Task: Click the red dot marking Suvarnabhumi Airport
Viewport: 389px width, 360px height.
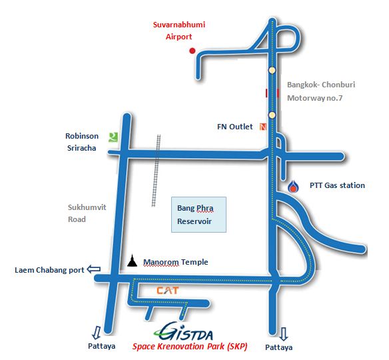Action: (193, 51)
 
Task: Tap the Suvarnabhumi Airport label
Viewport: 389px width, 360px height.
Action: (179, 31)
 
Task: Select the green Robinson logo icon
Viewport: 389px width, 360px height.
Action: (113, 137)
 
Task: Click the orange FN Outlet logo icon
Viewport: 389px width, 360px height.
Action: (263, 127)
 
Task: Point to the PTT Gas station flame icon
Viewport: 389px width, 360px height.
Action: (293, 187)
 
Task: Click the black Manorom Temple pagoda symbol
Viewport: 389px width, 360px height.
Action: (133, 261)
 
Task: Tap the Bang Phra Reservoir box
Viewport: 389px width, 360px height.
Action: (198, 215)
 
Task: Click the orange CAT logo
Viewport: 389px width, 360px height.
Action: (167, 291)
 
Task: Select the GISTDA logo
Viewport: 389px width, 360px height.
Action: (183, 331)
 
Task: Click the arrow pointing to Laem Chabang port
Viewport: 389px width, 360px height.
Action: (94, 269)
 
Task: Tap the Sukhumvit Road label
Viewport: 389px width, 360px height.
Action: (87, 213)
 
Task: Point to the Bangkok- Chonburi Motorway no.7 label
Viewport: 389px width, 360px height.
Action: (321, 91)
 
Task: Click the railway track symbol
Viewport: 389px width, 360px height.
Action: (157, 171)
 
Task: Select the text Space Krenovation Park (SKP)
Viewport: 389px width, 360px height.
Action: (190, 347)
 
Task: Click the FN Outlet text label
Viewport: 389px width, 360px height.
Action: (234, 127)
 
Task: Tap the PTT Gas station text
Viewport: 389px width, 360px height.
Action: (337, 185)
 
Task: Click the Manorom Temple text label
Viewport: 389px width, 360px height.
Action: (176, 262)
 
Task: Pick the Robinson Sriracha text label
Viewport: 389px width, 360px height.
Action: (82, 142)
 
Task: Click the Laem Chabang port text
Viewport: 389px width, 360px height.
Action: (49, 270)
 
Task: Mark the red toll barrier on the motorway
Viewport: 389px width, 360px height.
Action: (272, 93)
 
